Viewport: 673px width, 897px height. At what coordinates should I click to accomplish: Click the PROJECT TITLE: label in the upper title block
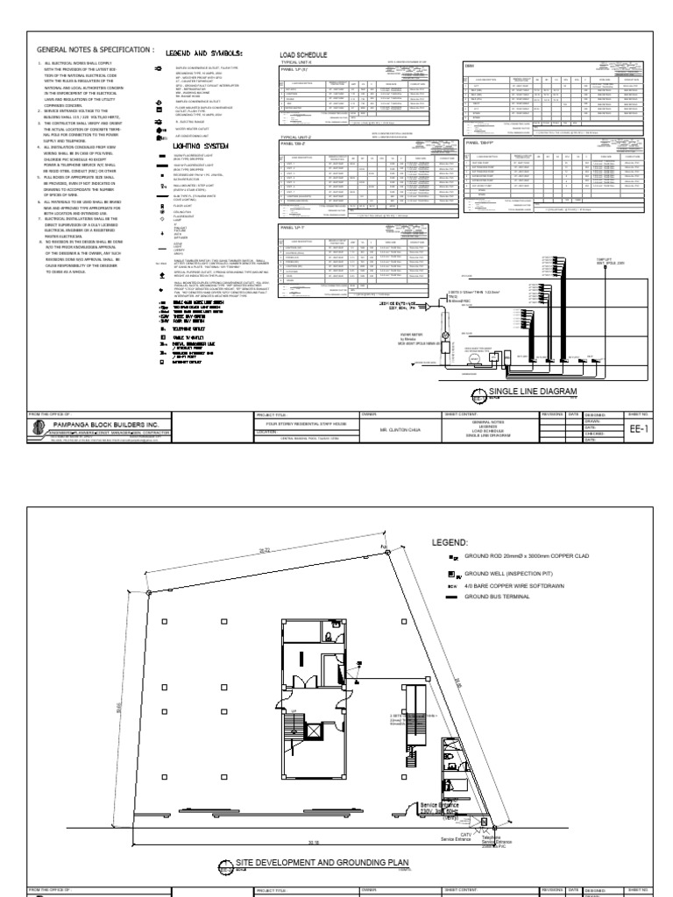click(272, 412)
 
